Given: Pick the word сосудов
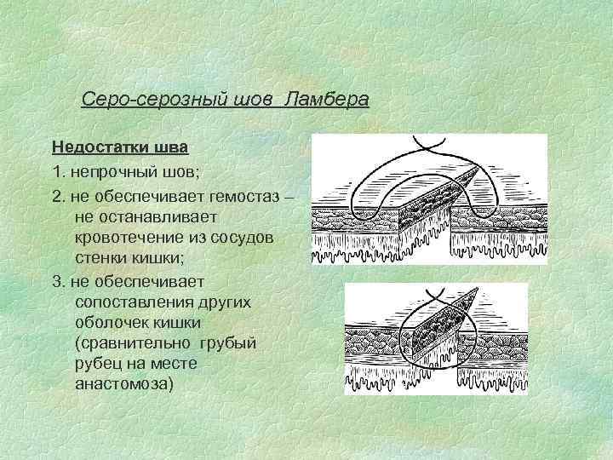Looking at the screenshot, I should tap(243, 238).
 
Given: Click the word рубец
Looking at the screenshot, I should tap(99, 364).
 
